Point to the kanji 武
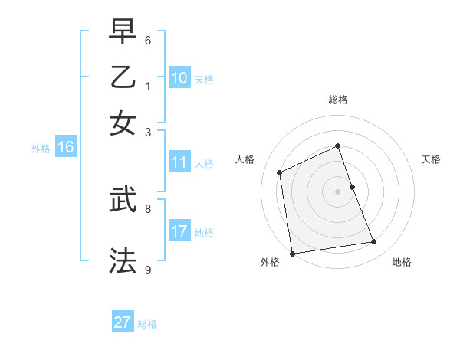click(x=123, y=200)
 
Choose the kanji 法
click(x=123, y=260)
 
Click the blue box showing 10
click(x=179, y=78)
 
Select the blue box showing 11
click(x=179, y=162)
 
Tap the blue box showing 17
click(x=179, y=231)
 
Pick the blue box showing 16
click(x=66, y=148)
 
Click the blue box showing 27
click(x=122, y=322)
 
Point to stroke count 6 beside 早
click(x=148, y=39)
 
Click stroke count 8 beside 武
click(x=148, y=208)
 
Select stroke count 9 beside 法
click(x=148, y=269)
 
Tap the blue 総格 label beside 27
click(x=147, y=324)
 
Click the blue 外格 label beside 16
click(x=41, y=149)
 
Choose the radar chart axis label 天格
click(x=432, y=159)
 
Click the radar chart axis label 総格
click(x=338, y=100)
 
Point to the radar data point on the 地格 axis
click(x=374, y=242)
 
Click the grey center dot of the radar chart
click(x=338, y=191)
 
